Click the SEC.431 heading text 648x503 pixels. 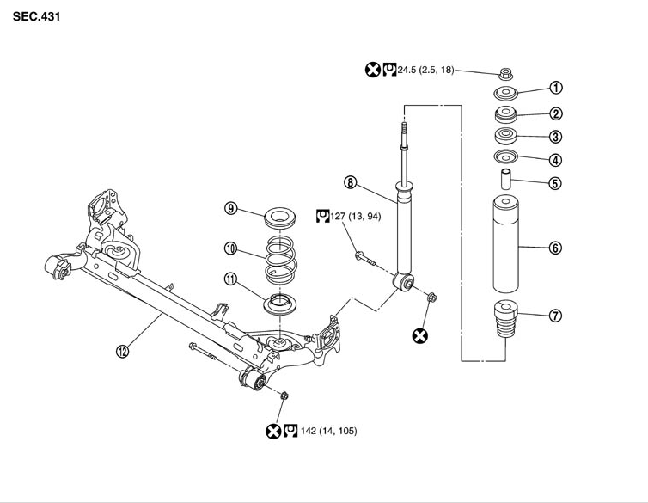36,16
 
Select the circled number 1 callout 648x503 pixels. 556,88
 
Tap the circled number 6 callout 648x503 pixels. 555,248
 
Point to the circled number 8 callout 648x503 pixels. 350,182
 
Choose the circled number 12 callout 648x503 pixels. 122,352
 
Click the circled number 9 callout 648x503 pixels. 230,208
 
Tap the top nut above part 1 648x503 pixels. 506,74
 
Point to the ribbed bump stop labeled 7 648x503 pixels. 506,319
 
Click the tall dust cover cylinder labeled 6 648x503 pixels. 506,244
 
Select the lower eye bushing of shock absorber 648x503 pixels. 402,282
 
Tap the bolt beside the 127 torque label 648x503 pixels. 364,258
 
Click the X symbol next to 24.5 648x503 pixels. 373,70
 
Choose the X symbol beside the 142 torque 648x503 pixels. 273,431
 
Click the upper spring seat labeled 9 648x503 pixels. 280,218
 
